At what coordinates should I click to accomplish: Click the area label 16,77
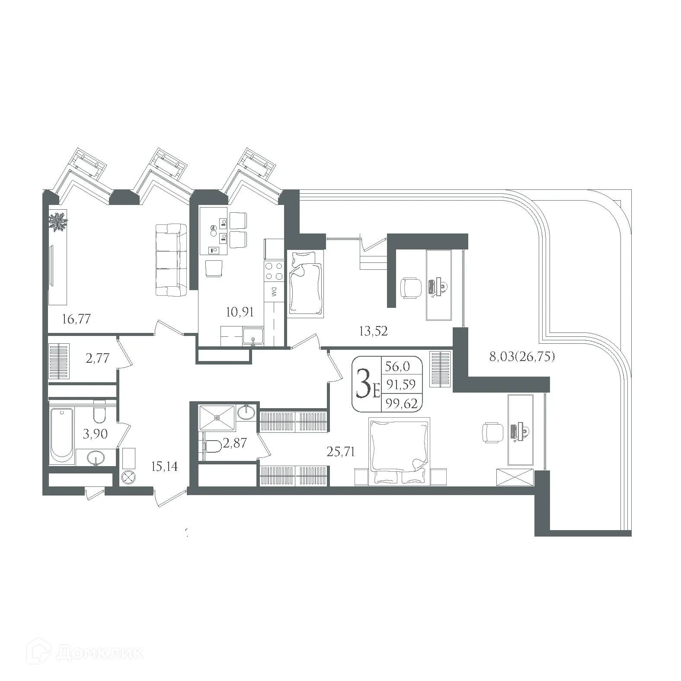pos(76,320)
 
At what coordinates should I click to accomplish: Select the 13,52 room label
pos(373,331)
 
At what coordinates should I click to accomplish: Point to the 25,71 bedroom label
pos(341,452)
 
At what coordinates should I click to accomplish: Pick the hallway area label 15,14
pos(164,467)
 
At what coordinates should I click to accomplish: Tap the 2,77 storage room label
pos(97,358)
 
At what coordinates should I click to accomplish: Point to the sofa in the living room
pos(171,260)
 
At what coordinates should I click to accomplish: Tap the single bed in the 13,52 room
pos(306,285)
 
